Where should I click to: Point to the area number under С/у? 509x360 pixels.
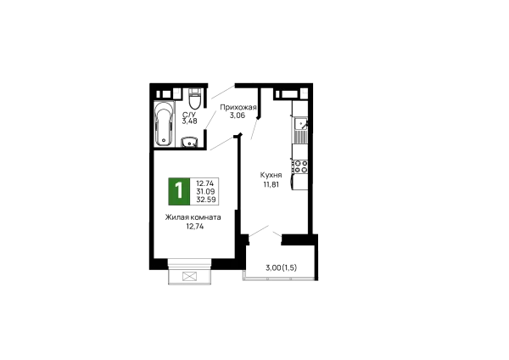(188, 121)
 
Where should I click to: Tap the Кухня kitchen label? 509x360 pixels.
(270, 172)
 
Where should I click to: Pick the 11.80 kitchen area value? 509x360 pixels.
(270, 182)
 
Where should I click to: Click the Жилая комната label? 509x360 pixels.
(193, 217)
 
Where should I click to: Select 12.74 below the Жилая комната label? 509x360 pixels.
(193, 227)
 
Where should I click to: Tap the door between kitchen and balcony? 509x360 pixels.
(264, 231)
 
